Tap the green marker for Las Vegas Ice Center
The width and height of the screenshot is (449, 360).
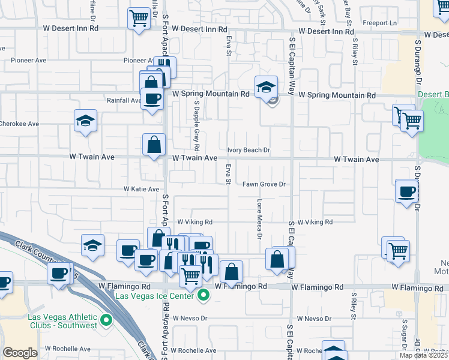(204, 295)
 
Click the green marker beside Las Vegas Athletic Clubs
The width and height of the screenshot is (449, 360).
(107, 321)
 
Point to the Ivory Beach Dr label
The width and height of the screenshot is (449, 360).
(249, 150)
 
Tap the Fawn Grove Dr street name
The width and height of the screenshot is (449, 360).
(263, 185)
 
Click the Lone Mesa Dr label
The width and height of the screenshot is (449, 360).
(260, 220)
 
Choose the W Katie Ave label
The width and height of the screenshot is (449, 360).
(142, 189)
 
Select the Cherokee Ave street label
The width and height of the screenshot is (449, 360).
(19, 124)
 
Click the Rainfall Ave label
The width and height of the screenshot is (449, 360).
(124, 100)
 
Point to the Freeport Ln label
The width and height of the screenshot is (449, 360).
(384, 23)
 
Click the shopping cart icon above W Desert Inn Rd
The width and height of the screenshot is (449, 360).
(139, 17)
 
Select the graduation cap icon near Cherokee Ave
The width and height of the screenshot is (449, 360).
(86, 120)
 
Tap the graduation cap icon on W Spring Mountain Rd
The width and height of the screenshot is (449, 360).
(266, 86)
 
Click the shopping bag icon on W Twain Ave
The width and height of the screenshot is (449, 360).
(154, 144)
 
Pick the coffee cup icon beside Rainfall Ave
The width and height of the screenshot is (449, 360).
(151, 98)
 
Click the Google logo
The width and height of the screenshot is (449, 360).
(20, 353)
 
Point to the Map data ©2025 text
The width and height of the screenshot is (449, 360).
(424, 355)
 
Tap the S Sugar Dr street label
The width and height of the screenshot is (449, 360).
(405, 333)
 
